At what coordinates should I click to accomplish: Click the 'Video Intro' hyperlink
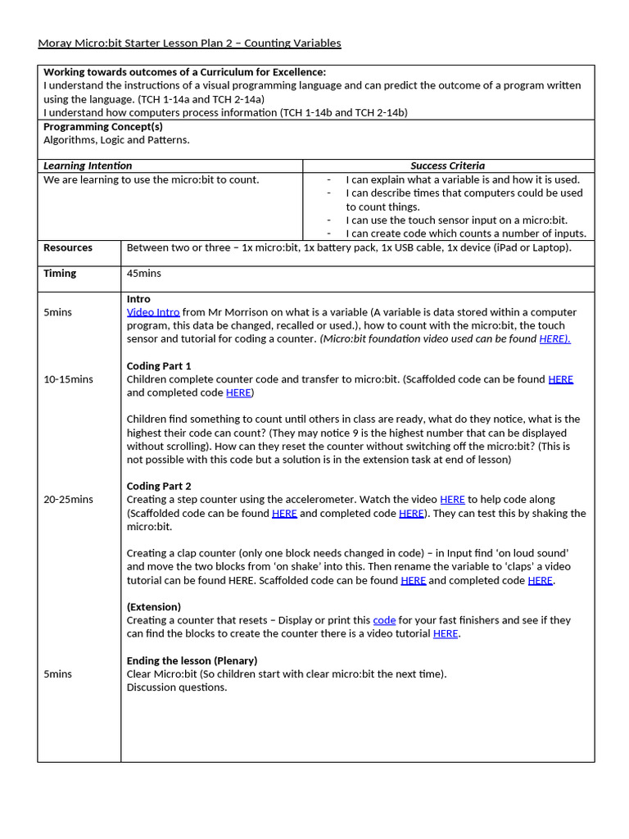click(x=152, y=312)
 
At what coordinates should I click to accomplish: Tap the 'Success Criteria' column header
click(x=447, y=166)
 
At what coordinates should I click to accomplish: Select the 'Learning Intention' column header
click(x=88, y=166)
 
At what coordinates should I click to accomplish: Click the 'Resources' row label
click(x=68, y=247)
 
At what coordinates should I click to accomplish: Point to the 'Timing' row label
click(x=60, y=273)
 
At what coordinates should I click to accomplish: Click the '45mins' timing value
click(x=144, y=273)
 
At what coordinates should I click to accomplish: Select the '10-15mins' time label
click(x=68, y=379)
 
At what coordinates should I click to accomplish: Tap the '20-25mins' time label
click(x=68, y=499)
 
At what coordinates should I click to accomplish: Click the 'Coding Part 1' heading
click(x=159, y=365)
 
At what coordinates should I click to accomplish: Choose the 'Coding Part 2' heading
click(x=159, y=486)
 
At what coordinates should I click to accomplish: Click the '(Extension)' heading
click(x=154, y=607)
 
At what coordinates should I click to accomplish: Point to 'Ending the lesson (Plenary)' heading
click(x=192, y=660)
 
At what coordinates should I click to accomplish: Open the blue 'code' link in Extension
click(x=384, y=620)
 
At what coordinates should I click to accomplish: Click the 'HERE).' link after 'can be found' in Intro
click(x=554, y=338)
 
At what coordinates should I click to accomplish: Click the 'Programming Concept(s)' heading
click(x=103, y=126)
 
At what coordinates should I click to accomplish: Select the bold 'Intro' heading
click(x=138, y=299)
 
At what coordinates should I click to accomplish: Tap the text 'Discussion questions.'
click(x=177, y=687)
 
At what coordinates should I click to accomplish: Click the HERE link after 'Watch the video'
click(x=452, y=499)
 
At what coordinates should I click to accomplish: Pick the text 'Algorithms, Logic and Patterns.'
click(x=116, y=140)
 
